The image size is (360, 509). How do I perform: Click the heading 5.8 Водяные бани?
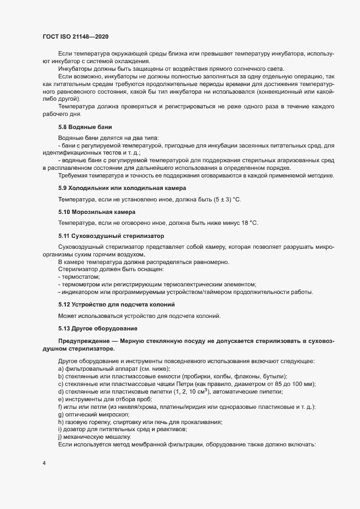pyautogui.click(x=82, y=142)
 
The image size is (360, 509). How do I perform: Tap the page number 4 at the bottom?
pyautogui.click(x=44, y=464)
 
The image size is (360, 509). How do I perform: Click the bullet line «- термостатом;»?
pyautogui.click(x=79, y=277)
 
